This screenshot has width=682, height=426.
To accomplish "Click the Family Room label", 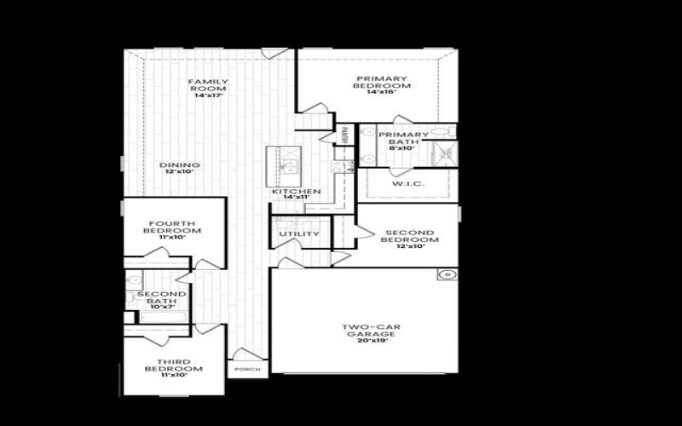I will click(x=208, y=85).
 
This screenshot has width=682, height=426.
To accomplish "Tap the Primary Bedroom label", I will click(x=384, y=82).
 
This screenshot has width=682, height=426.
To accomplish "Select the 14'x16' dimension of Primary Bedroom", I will click(x=384, y=91).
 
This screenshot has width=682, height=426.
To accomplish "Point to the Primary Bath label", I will click(x=399, y=138).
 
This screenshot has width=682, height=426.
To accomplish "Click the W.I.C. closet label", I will click(x=407, y=183).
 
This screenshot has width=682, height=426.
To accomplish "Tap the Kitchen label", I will click(x=296, y=192).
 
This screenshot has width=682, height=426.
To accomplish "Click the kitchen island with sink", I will click(x=282, y=165).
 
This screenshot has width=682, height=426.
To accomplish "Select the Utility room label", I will click(x=299, y=233).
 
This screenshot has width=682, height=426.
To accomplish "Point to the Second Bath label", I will click(x=156, y=297).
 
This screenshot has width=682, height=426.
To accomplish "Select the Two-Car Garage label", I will click(x=366, y=331).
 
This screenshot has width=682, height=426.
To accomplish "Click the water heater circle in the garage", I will click(x=447, y=275).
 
